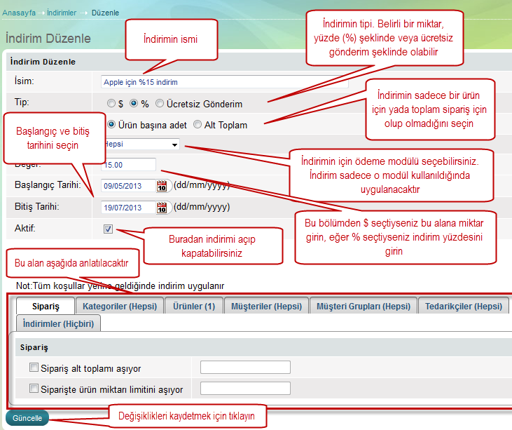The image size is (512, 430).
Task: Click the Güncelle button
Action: click(x=27, y=418)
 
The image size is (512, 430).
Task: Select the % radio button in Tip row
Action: click(x=134, y=103)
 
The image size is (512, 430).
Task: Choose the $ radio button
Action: click(x=111, y=103)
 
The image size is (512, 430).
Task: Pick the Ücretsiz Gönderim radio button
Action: click(x=160, y=103)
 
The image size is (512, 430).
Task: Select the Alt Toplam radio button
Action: click(x=198, y=124)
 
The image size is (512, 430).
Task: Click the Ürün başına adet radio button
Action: click(x=111, y=124)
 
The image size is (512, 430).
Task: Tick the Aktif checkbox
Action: click(x=108, y=229)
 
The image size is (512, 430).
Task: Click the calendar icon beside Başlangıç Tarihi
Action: click(x=162, y=186)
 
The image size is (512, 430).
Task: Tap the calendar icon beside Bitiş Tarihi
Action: click(x=162, y=208)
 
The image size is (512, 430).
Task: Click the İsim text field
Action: click(x=225, y=82)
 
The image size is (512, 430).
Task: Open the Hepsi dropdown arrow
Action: click(x=175, y=145)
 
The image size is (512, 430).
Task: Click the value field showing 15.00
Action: click(x=129, y=164)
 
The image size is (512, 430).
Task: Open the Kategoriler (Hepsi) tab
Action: click(x=120, y=306)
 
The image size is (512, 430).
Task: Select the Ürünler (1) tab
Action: click(x=194, y=306)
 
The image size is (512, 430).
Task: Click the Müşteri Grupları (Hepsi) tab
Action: click(x=364, y=306)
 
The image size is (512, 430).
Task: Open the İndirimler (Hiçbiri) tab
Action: click(x=58, y=323)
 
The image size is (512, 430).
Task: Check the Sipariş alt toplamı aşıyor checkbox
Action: click(x=34, y=368)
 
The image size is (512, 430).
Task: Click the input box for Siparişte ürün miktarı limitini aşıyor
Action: click(x=245, y=388)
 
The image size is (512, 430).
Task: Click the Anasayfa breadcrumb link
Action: click(x=19, y=13)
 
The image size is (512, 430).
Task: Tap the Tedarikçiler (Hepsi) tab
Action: click(x=464, y=306)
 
